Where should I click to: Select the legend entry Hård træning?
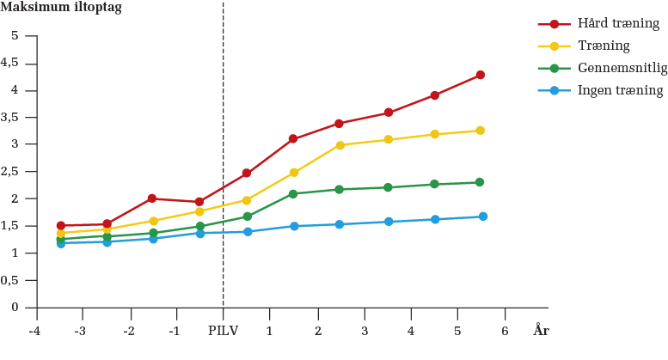pos(618,24)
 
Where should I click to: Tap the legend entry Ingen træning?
pos(620,90)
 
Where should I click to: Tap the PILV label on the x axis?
pos(223,331)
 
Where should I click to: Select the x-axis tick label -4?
pos(34,331)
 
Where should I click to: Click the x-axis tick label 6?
pos(505,331)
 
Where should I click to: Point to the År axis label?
pos(541,331)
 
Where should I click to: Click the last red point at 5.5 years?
pos(481,75)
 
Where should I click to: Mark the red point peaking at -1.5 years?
pos(151,198)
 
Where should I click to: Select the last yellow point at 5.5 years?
pos(481,131)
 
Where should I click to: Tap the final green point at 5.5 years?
pos(480,182)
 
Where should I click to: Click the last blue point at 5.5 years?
pos(482,217)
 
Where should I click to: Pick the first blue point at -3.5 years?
pos(60,243)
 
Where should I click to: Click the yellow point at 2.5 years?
pos(340,145)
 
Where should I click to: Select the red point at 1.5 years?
pos(293,138)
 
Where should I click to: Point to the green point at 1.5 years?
pos(293,193)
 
